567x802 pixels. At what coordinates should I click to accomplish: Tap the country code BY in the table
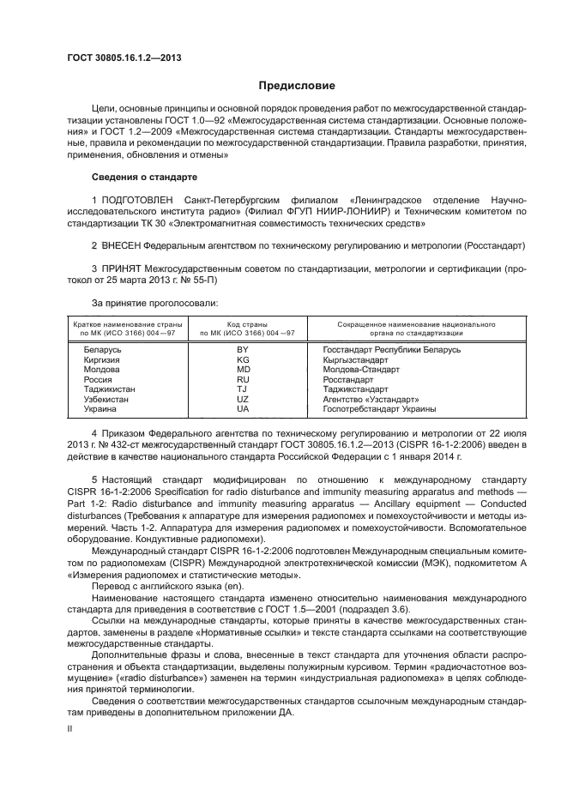[x=243, y=350]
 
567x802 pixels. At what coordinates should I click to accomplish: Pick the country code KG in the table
[x=243, y=360]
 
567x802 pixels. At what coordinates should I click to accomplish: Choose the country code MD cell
[x=243, y=370]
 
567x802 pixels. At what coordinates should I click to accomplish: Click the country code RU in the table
[x=243, y=379]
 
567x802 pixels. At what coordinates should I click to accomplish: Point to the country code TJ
[x=243, y=389]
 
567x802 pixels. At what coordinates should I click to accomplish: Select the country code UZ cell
[x=243, y=399]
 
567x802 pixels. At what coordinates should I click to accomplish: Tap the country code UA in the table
[x=243, y=409]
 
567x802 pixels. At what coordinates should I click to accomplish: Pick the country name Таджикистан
[x=109, y=389]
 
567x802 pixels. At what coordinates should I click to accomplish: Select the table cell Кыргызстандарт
[x=355, y=360]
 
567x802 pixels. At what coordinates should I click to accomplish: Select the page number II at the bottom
[x=70, y=727]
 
